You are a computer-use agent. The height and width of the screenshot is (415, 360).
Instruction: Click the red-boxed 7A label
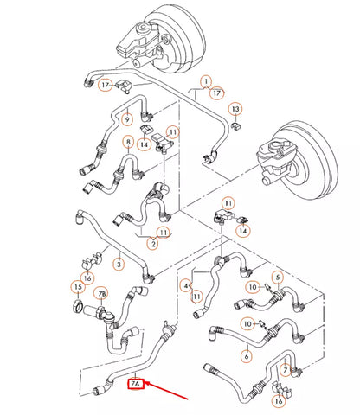(136, 384)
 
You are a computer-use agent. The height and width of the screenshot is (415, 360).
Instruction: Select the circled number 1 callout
(206, 81)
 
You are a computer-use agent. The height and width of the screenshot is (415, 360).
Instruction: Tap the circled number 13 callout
(235, 109)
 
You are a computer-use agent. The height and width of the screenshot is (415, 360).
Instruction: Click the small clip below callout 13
(237, 126)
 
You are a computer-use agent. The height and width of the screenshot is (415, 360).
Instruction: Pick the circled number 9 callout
(127, 118)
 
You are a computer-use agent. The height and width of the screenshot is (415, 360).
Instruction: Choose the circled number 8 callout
(128, 142)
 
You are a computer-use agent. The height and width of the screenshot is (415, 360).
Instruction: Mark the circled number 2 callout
(153, 244)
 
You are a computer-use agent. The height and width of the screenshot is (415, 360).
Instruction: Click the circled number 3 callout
(119, 264)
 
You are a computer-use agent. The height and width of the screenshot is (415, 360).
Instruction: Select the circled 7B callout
(102, 294)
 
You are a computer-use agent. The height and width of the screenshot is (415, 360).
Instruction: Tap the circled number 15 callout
(78, 287)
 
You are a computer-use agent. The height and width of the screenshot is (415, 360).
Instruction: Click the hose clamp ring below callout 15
(78, 306)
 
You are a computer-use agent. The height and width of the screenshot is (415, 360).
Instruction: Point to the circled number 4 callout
(186, 286)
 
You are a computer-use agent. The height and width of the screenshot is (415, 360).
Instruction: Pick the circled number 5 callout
(278, 278)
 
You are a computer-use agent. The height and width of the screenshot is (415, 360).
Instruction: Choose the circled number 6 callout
(247, 356)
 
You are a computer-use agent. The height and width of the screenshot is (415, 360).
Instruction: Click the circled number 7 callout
(286, 370)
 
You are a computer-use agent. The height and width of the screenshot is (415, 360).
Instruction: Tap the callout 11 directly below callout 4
(196, 297)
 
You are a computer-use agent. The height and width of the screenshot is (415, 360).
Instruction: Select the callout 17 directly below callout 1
(216, 93)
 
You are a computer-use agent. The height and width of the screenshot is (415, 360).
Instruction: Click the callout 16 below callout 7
(279, 401)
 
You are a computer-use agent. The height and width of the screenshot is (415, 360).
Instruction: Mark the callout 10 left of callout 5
(253, 287)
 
